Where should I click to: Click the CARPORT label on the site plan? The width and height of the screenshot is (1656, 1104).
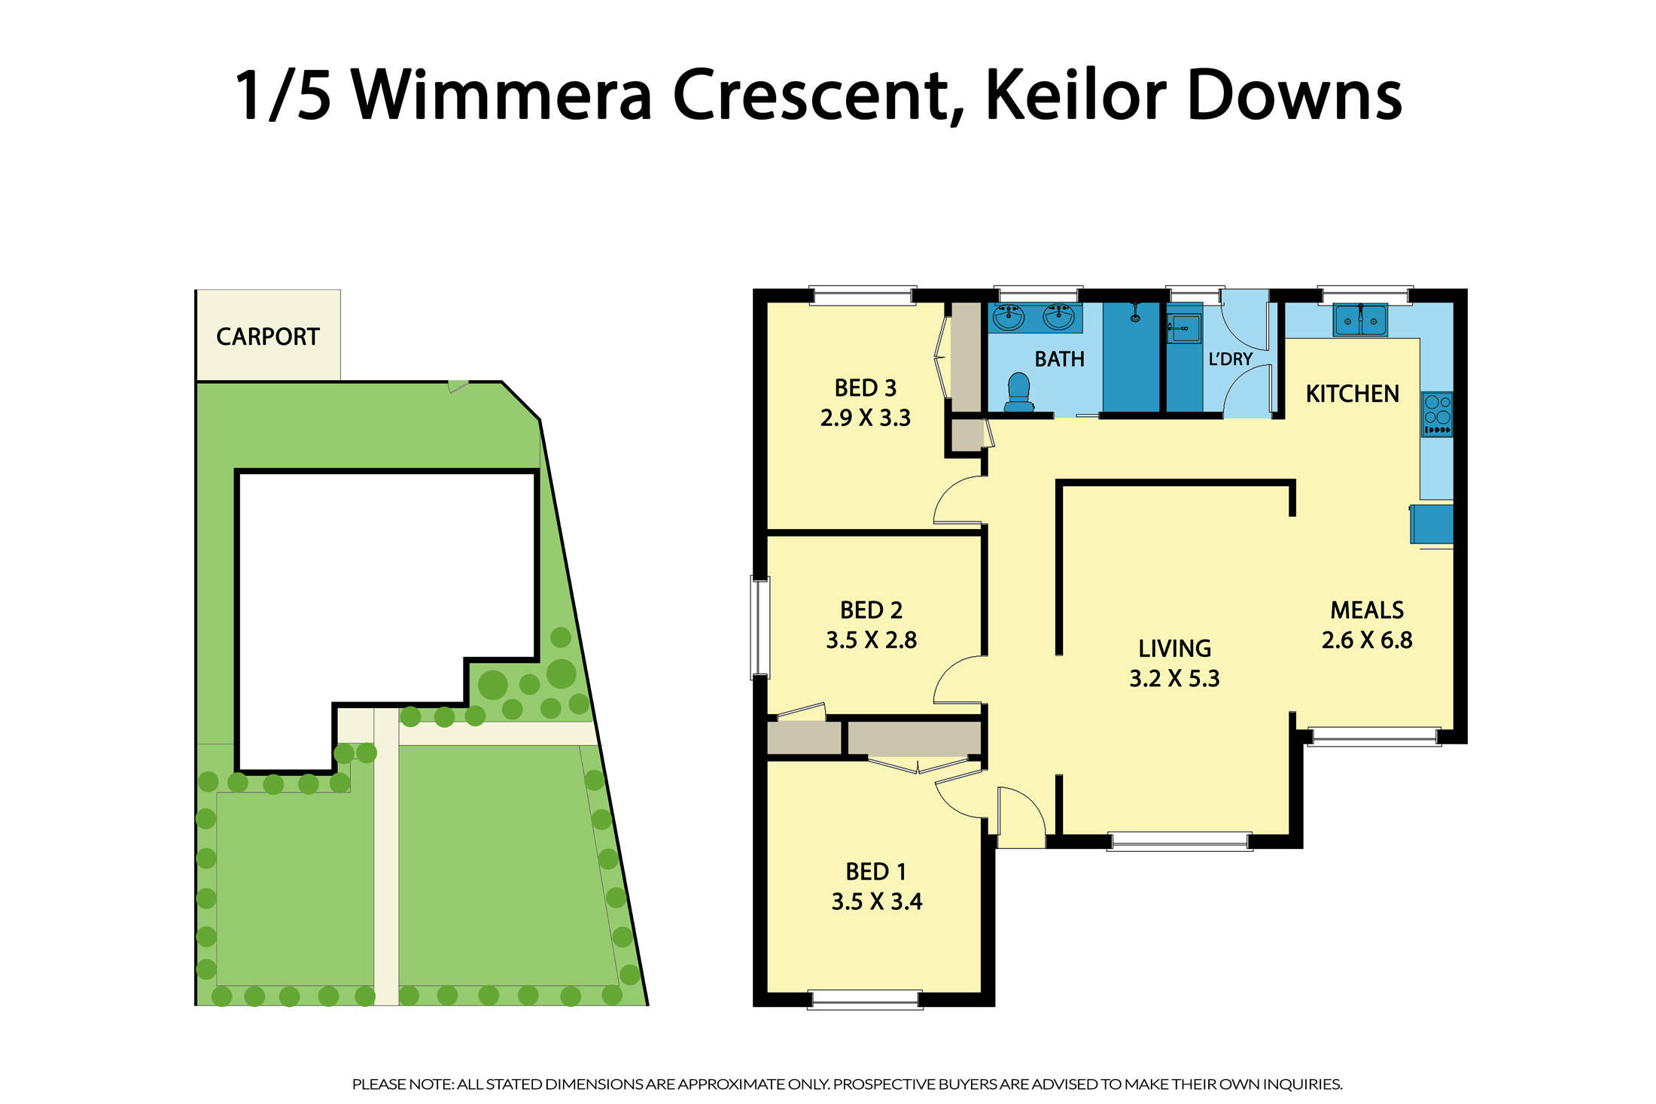point(267,336)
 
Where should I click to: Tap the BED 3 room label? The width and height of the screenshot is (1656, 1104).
point(865,388)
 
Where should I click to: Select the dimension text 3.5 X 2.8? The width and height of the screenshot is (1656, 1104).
point(871,640)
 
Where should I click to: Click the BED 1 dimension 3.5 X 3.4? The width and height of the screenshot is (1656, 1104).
point(876,902)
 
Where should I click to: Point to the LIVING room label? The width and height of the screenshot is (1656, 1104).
point(1174,649)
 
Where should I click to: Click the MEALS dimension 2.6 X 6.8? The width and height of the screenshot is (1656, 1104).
point(1367,640)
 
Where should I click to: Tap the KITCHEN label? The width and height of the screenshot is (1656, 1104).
point(1352,394)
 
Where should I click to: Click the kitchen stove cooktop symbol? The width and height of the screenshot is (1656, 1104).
point(1436,414)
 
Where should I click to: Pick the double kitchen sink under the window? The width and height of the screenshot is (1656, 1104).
point(1360,321)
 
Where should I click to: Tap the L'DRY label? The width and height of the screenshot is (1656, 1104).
point(1230,360)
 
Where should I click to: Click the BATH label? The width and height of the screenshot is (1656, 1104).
point(1059,360)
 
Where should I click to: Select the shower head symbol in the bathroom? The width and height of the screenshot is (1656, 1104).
point(1134,314)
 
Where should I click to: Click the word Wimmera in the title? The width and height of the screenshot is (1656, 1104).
point(501,96)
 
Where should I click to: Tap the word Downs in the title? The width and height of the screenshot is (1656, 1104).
point(1295,96)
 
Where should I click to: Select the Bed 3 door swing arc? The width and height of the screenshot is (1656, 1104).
point(957,500)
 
